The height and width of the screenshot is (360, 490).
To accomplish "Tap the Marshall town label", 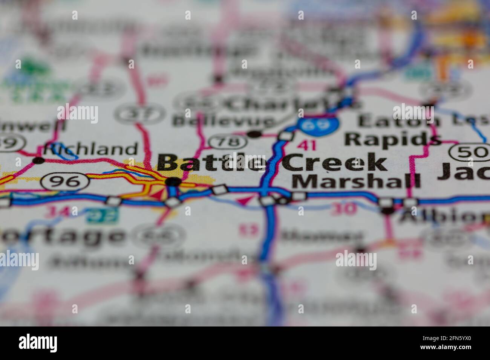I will click(x=356, y=181).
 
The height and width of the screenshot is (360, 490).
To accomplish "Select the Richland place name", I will click(x=90, y=149).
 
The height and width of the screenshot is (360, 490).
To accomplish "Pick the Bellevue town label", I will click(x=224, y=121).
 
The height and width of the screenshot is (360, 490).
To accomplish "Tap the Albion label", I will click(x=445, y=217).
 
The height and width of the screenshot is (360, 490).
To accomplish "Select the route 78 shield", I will click(x=228, y=142).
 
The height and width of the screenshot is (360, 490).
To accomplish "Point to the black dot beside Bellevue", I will click(x=254, y=134).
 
